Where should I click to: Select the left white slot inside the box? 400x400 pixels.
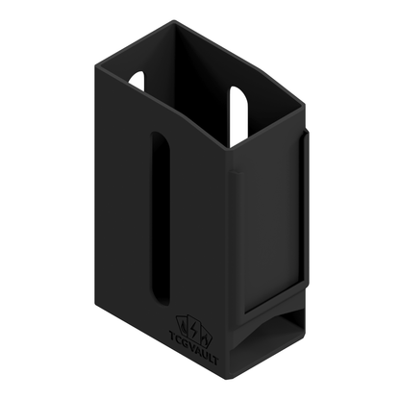tap(137, 80)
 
